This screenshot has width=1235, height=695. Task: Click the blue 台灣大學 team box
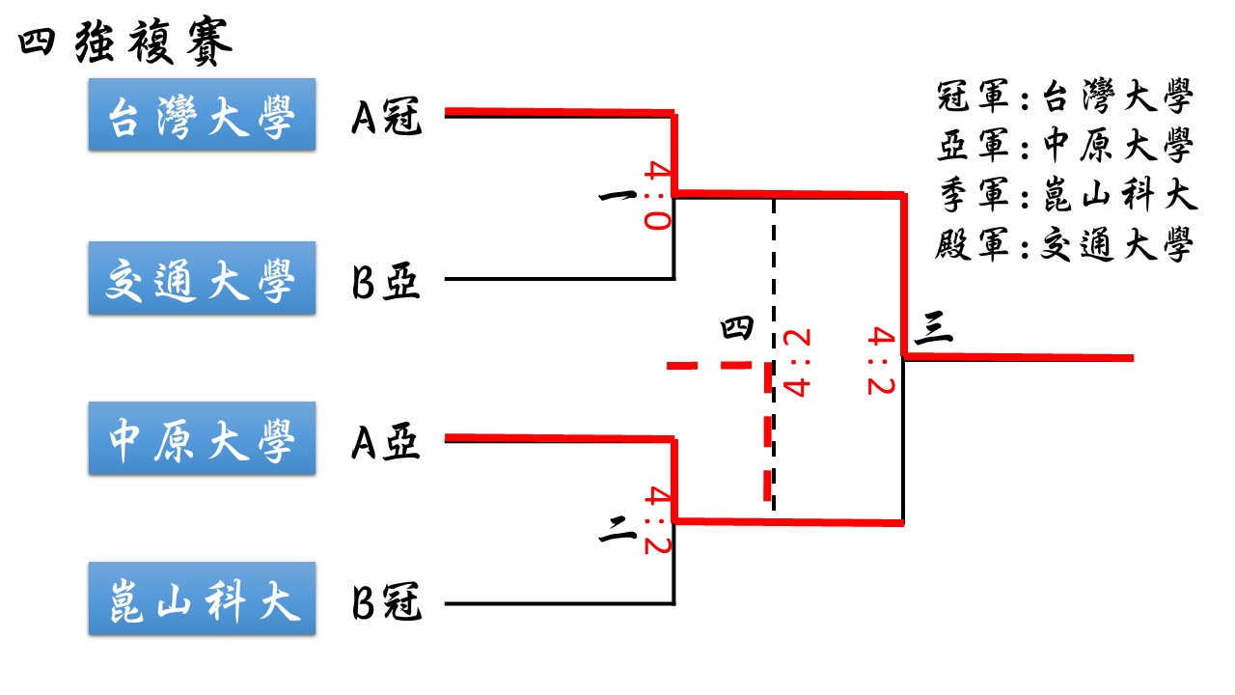[x=202, y=115]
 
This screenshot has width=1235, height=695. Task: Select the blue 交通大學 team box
[x=202, y=278]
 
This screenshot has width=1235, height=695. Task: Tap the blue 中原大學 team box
[x=202, y=440]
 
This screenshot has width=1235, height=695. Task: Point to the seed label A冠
[x=386, y=117]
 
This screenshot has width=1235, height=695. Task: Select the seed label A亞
[x=386, y=442]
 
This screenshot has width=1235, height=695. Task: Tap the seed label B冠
[x=386, y=606]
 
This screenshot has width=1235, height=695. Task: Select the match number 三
[x=932, y=329]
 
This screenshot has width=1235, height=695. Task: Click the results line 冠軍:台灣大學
[x=1065, y=98]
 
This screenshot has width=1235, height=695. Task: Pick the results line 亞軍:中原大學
[x=1065, y=147]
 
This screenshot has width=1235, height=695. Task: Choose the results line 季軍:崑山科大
[x=1065, y=197]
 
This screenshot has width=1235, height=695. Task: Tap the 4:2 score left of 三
[x=882, y=360]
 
